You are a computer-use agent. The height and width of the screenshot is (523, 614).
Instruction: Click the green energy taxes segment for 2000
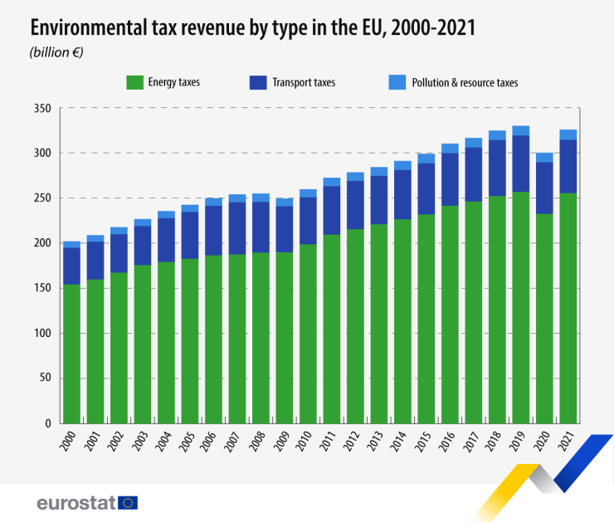coord(72,354)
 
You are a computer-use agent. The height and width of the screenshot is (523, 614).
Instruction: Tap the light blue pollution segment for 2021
coord(568,134)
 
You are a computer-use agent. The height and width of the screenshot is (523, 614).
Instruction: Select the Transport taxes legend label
coord(304,82)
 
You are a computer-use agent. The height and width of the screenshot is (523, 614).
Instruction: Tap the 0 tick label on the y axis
coord(48,424)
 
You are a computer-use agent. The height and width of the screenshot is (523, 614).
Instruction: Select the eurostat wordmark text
coord(76,502)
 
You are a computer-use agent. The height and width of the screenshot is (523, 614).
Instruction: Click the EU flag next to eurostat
coord(128,502)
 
